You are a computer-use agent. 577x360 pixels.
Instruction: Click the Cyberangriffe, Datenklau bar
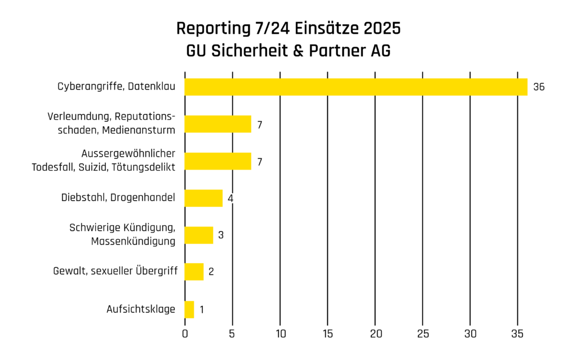(356, 87)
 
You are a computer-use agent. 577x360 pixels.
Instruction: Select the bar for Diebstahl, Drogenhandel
(203, 198)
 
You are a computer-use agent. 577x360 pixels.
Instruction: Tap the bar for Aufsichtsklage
(189, 309)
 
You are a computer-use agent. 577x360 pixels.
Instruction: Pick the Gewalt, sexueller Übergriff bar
(194, 272)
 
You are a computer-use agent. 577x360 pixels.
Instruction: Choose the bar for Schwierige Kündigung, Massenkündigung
(199, 235)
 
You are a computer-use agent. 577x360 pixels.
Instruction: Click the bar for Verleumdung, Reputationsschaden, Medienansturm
(218, 124)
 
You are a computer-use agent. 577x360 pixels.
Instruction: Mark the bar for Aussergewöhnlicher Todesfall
(218, 161)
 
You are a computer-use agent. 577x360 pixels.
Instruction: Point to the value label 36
(539, 87)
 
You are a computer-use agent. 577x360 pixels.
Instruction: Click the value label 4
(230, 198)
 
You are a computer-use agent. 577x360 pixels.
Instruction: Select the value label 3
(221, 235)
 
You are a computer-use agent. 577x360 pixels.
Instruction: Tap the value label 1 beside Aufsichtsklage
(202, 309)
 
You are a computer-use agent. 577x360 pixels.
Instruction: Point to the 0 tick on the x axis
(185, 334)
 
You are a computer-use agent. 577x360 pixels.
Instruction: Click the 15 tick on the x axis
(327, 334)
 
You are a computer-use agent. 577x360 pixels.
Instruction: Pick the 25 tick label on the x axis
(423, 334)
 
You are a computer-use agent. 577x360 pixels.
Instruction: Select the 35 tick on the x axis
(518, 334)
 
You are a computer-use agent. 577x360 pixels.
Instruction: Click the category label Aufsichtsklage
(141, 309)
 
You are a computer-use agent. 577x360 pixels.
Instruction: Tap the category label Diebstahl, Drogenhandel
(118, 198)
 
